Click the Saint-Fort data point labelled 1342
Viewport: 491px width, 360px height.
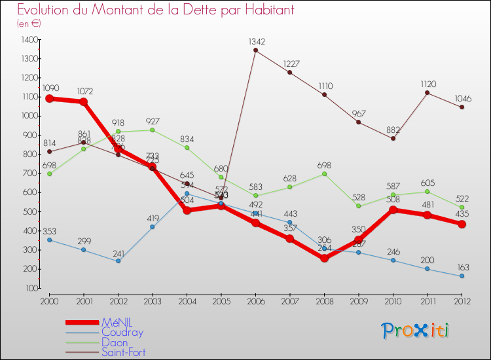tap(255, 50)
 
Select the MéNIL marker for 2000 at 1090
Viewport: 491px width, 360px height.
tap(49, 98)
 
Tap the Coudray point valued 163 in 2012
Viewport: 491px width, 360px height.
tap(462, 276)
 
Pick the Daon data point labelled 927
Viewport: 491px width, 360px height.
tap(153, 130)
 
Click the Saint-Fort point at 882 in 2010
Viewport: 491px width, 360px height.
tap(393, 138)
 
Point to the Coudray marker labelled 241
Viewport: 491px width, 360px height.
tap(118, 261)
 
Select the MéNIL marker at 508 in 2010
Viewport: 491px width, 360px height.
tap(393, 210)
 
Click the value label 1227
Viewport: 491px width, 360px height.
tap(291, 63)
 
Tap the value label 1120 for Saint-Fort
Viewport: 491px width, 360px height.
tap(427, 84)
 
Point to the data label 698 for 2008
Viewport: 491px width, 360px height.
tap(325, 164)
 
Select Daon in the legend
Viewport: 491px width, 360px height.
tap(115, 342)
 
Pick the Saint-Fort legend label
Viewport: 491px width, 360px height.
tap(124, 352)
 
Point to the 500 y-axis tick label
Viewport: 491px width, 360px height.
tap(30, 212)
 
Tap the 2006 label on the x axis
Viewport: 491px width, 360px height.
tap(255, 301)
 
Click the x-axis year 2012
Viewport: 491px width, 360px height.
tap(462, 301)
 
